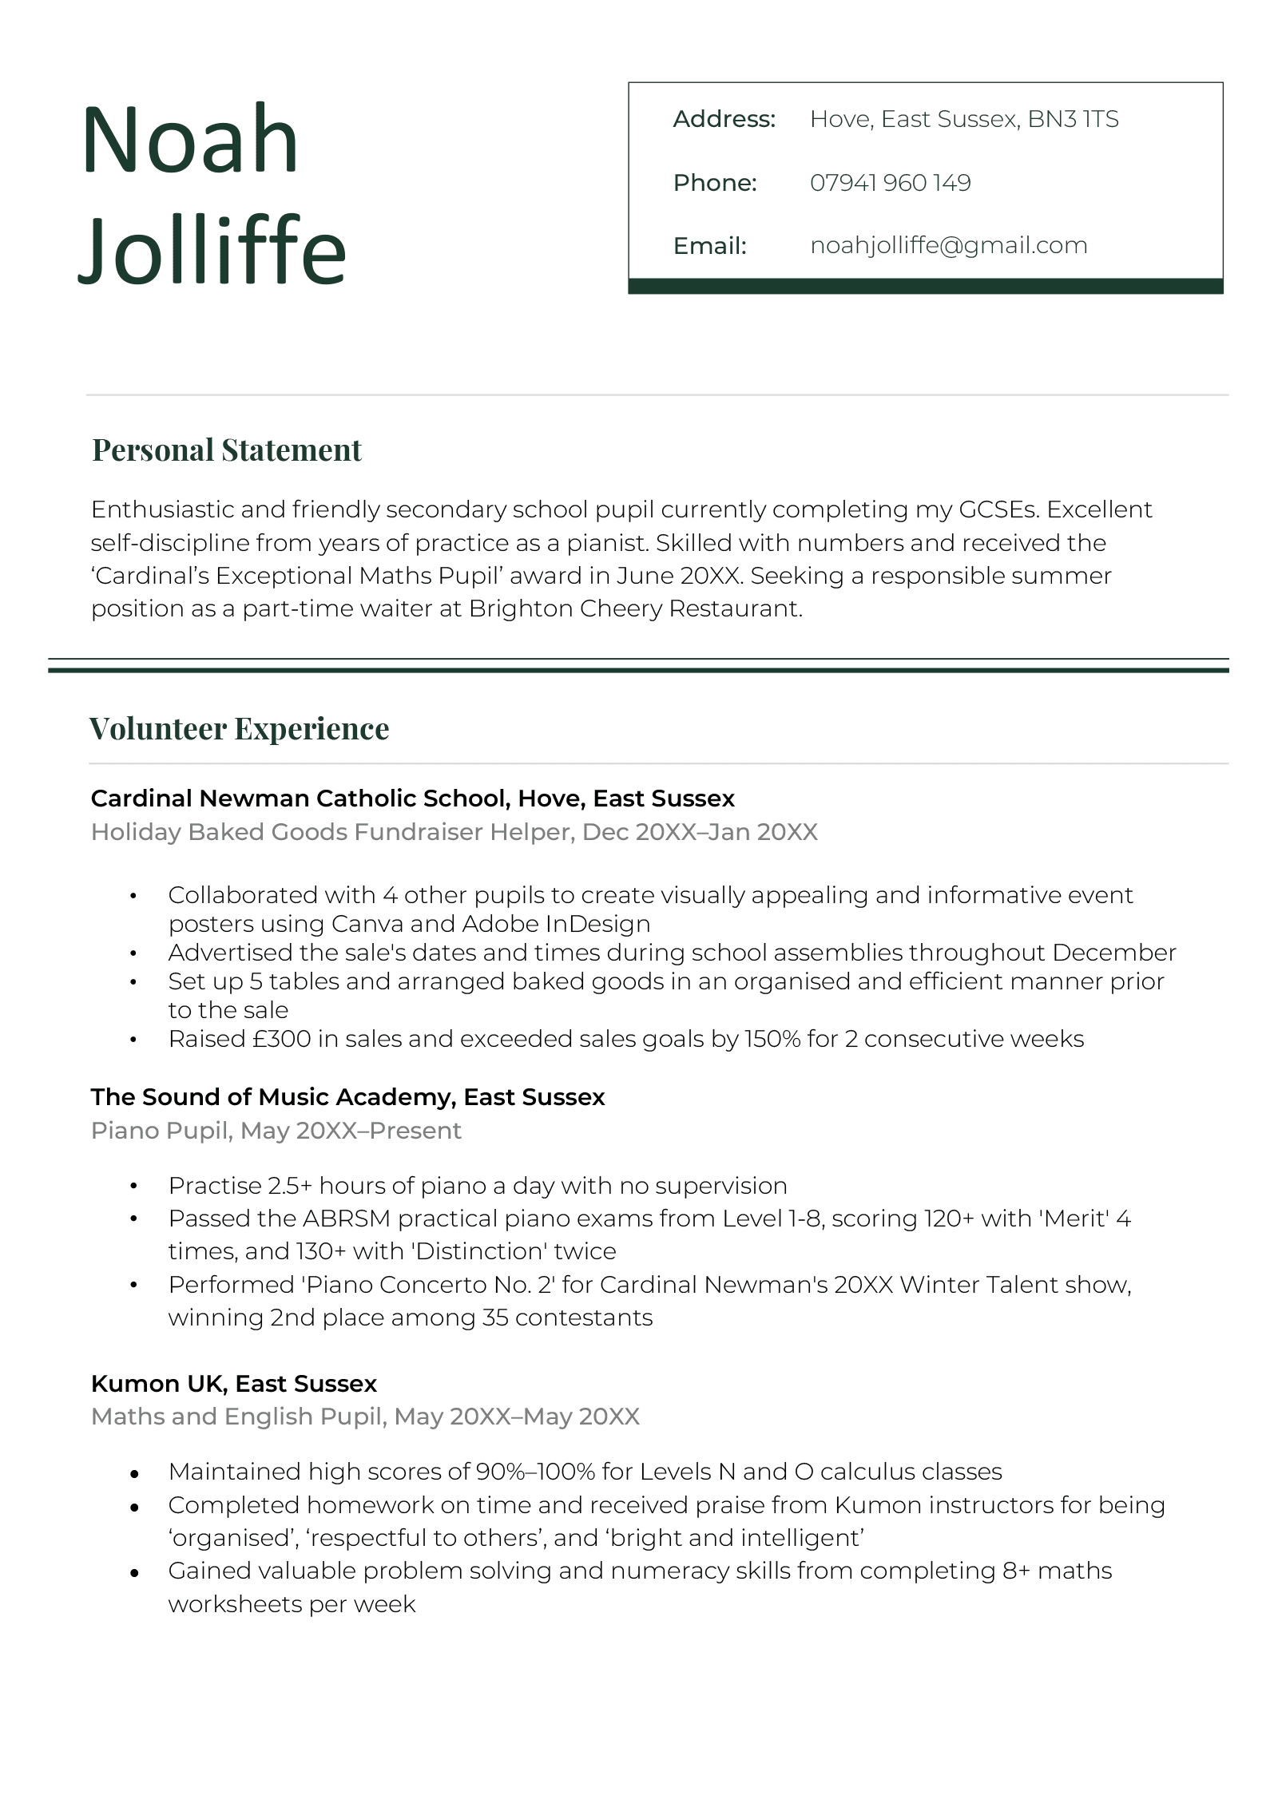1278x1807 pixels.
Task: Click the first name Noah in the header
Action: (190, 139)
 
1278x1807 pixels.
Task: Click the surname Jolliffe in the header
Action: (212, 251)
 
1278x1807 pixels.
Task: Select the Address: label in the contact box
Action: (724, 120)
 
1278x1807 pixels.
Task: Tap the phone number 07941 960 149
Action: (890, 183)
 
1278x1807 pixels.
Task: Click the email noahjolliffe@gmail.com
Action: (948, 245)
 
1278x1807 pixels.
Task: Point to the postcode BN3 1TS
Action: (1073, 120)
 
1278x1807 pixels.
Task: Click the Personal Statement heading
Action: (227, 450)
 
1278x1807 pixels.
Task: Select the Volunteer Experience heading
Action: (239, 729)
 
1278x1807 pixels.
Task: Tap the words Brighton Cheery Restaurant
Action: (635, 608)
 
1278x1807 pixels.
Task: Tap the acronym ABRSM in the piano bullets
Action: (346, 1219)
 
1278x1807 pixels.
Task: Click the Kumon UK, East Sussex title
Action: (233, 1384)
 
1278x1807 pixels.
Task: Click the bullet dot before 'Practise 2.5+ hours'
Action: (133, 1187)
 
